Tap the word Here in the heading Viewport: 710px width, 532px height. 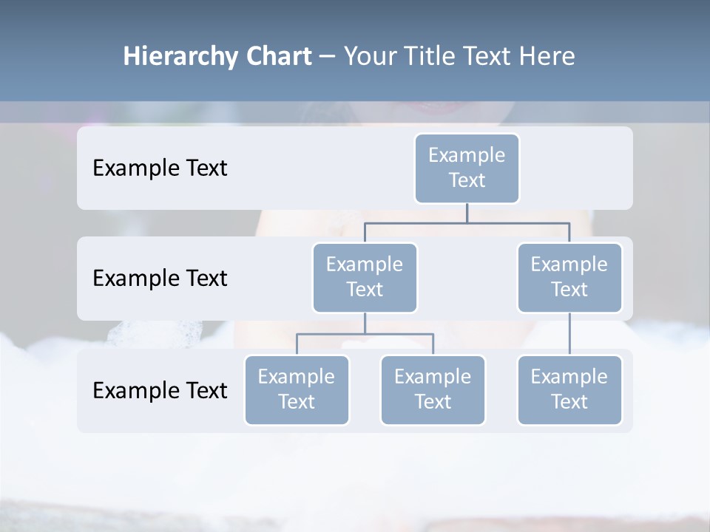coord(547,57)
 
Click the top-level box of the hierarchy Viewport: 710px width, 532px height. coord(467,168)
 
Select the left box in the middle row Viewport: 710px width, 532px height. coord(365,277)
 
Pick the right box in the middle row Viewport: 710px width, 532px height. coord(569,277)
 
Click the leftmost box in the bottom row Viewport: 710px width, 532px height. coord(297,389)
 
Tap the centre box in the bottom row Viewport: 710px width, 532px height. coord(433,389)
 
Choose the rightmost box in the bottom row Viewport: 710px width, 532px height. coord(569,389)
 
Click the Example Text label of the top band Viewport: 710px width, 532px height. coord(160,168)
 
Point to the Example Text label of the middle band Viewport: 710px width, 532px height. coord(160,279)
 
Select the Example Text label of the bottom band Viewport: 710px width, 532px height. coord(160,390)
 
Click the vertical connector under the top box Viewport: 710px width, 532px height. coord(467,213)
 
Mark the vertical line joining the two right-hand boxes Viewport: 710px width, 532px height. coord(569,334)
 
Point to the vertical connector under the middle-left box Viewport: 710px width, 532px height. coord(365,323)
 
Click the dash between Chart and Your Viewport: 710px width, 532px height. coord(328,57)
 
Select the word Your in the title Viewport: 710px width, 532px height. coord(368,57)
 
